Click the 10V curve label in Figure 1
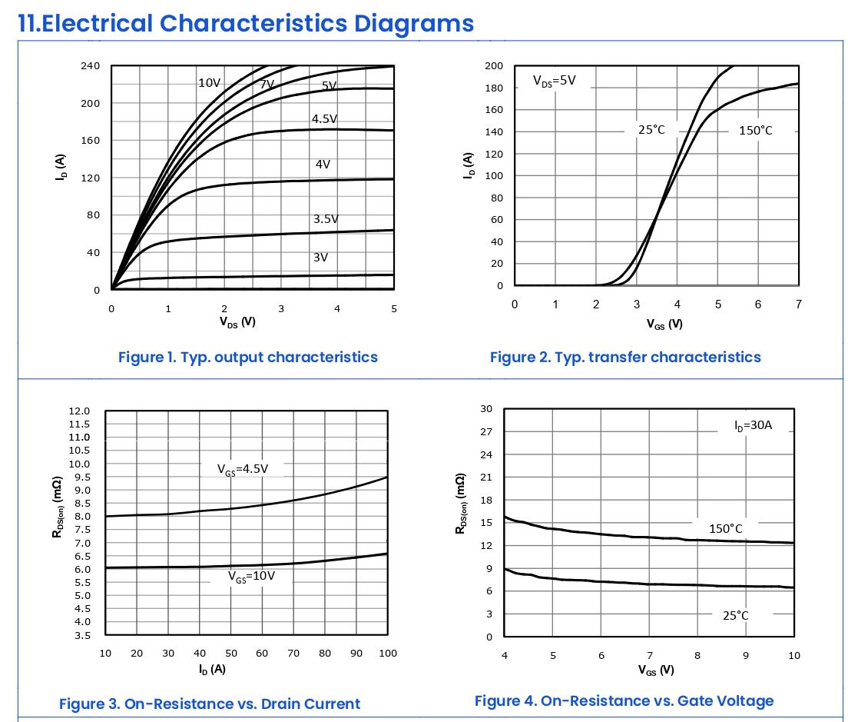click(x=210, y=83)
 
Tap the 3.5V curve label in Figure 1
click(x=326, y=219)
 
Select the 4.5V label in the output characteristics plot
click(x=324, y=119)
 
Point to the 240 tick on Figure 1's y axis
click(x=90, y=66)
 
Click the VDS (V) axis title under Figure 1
click(x=237, y=321)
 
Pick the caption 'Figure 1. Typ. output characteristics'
click(x=248, y=357)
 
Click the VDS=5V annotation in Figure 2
click(x=555, y=81)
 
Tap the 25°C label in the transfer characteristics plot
click(x=651, y=130)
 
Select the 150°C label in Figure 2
click(x=756, y=131)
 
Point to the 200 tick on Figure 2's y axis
click(x=494, y=66)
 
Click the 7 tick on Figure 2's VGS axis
click(x=799, y=304)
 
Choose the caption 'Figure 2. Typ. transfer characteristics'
click(x=625, y=357)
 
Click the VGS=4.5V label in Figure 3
click(x=243, y=469)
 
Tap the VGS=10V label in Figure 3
click(x=251, y=576)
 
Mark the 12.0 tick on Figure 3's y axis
click(x=80, y=411)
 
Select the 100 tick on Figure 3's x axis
click(x=388, y=654)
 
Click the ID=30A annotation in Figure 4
click(x=753, y=425)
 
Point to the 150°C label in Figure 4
click(x=726, y=529)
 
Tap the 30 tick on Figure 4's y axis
click(x=486, y=408)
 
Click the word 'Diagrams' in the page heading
click(x=413, y=23)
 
